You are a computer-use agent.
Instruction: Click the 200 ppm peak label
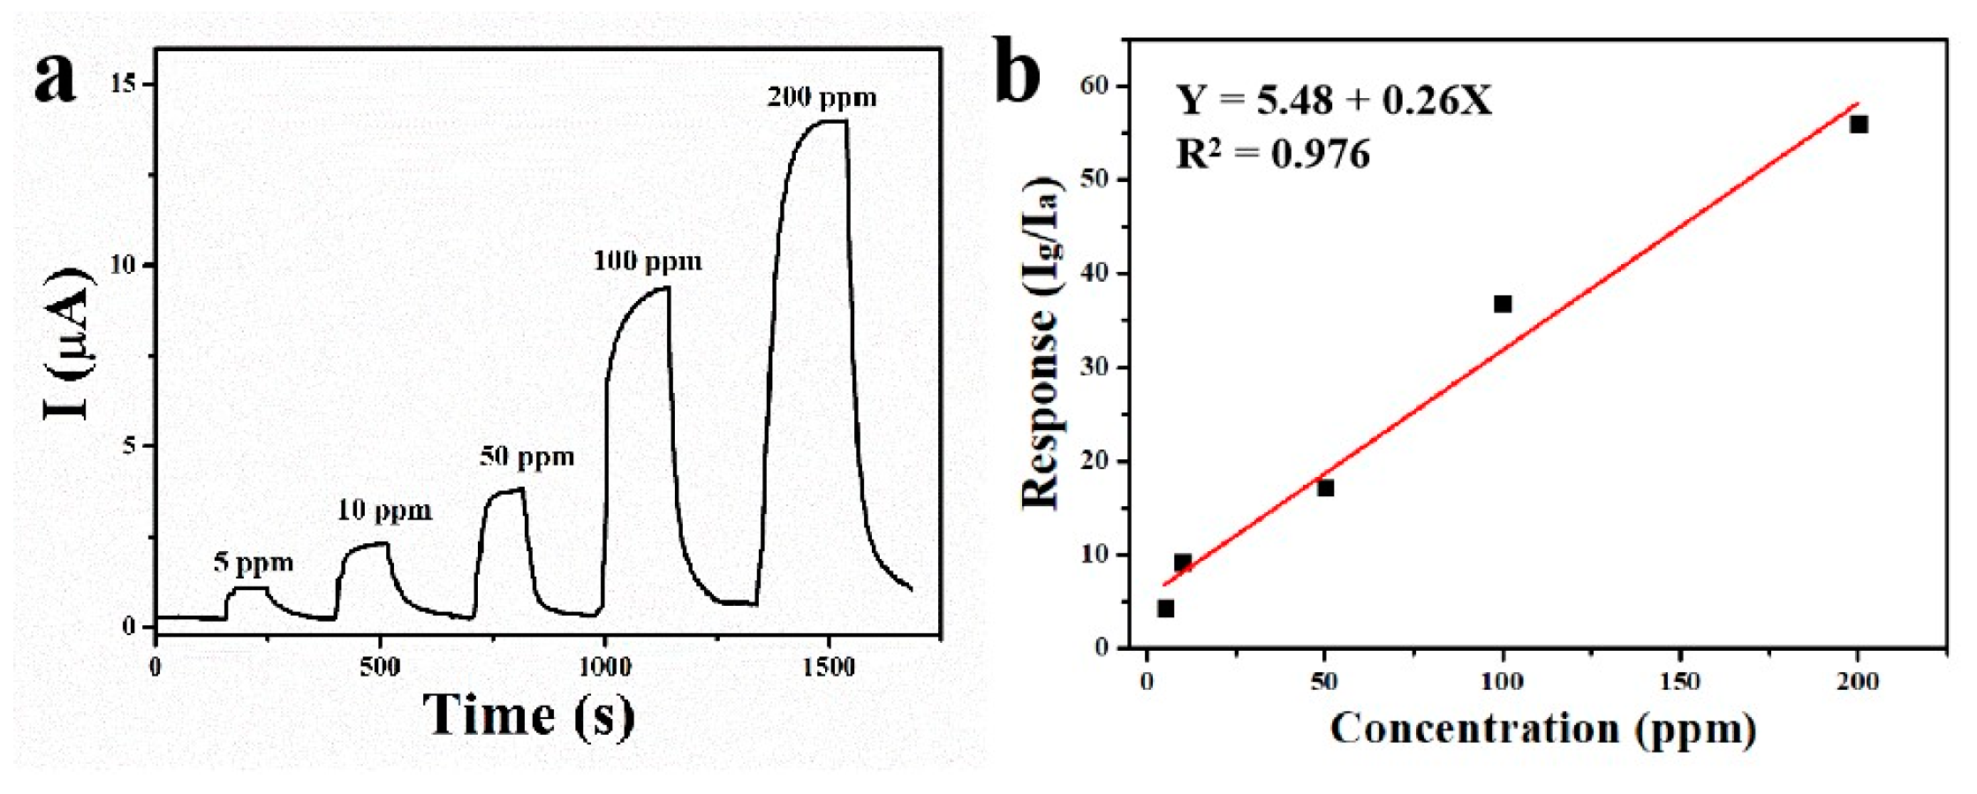coord(822,97)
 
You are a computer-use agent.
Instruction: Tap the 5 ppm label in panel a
coord(254,562)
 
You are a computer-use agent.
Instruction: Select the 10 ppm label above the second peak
coord(384,510)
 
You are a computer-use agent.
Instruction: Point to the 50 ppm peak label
coord(526,457)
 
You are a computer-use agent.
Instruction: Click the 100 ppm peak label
coord(648,261)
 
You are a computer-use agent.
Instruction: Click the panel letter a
coord(55,78)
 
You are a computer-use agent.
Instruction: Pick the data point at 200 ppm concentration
coord(1859,125)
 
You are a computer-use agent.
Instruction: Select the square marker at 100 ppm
coord(1503,304)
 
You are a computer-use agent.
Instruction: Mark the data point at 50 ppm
coord(1325,488)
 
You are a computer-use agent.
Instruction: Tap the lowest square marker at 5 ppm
coord(1165,609)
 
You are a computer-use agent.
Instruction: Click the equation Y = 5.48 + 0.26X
coord(1333,100)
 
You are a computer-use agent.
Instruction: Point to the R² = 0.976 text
coord(1272,155)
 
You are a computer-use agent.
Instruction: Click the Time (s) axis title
coord(528,715)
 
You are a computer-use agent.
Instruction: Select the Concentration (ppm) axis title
coord(1542,730)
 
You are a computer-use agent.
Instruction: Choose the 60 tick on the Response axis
coord(1095,86)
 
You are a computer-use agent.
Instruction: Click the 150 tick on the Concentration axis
coord(1679,682)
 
